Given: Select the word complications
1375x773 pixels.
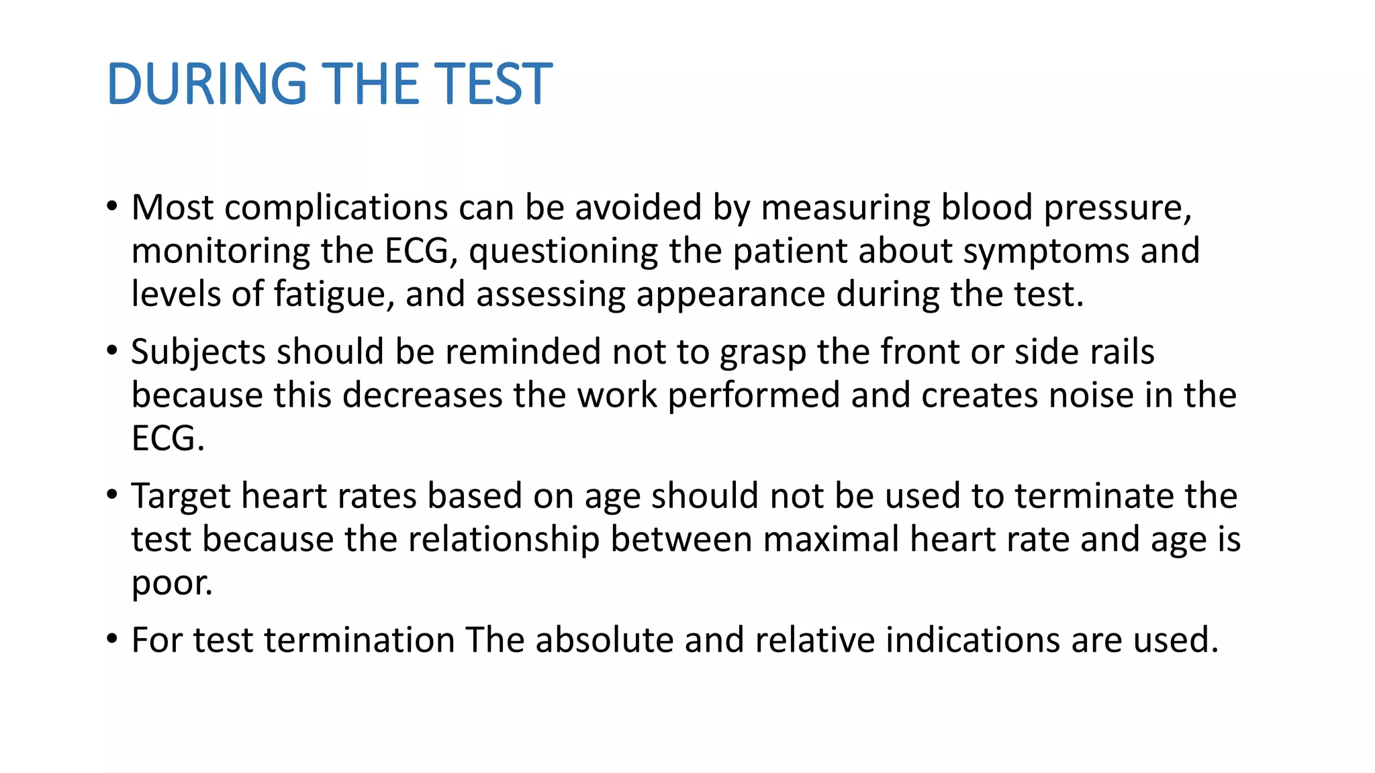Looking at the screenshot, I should (336, 207).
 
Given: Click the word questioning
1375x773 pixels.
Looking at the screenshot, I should (563, 252).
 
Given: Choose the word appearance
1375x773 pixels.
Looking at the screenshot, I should (730, 295).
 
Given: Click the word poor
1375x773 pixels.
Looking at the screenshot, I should (171, 583).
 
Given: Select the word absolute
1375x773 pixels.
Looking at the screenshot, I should (604, 640).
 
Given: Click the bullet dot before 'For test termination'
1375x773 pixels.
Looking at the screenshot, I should (111, 639).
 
